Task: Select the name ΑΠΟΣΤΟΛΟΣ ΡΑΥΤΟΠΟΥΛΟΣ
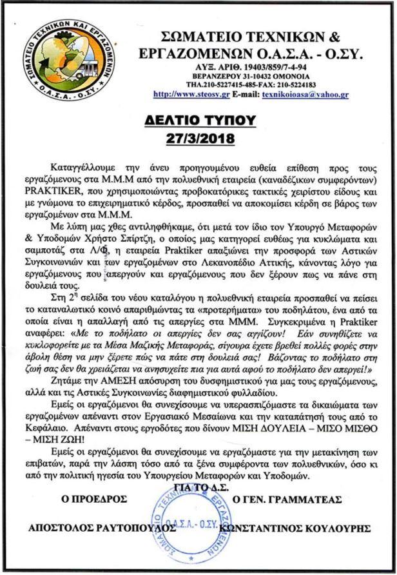click(102, 527)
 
